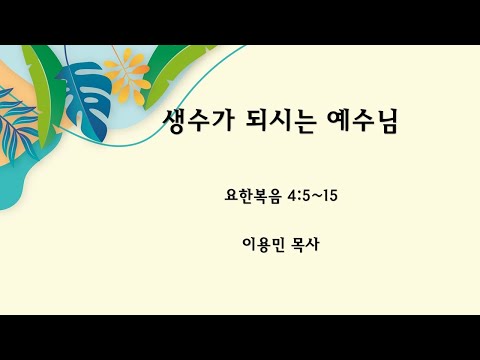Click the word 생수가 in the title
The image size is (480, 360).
point(195,122)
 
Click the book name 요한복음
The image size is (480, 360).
point(254,195)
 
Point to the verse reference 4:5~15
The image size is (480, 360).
point(312,195)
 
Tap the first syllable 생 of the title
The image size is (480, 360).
point(175,122)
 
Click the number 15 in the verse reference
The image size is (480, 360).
point(329,195)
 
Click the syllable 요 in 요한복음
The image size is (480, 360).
point(233,195)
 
